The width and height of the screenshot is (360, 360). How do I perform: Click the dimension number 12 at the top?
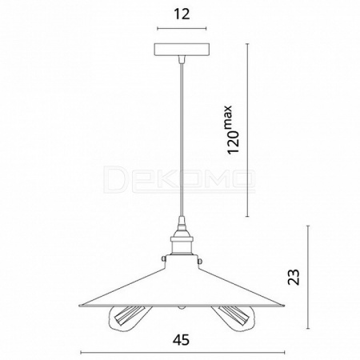(x=182, y=14)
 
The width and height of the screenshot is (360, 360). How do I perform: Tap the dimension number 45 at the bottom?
(x=181, y=340)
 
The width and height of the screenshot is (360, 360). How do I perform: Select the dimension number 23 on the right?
(x=294, y=277)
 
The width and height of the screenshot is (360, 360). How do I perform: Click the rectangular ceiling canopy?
(x=182, y=50)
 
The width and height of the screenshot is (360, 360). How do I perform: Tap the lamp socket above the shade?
(x=182, y=243)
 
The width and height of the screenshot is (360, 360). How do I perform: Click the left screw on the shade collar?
(x=163, y=258)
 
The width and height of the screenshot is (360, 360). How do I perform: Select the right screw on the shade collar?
(x=200, y=261)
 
